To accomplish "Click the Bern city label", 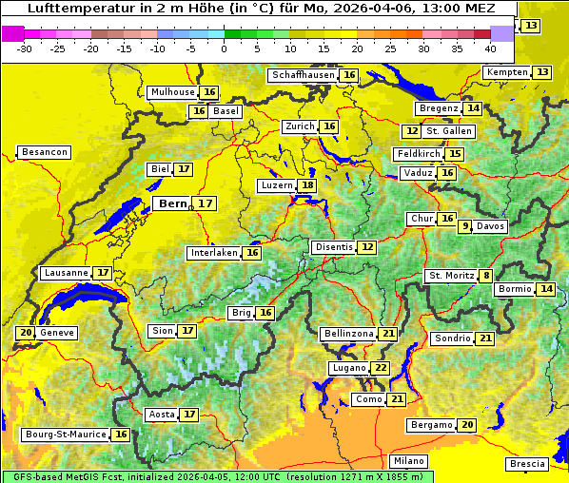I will [173, 203].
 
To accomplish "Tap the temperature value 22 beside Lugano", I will [381, 368].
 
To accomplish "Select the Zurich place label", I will [299, 126].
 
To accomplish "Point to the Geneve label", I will [57, 333].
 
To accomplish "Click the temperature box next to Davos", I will [465, 226].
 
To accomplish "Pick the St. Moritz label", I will [451, 276].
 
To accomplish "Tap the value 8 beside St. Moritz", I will [486, 276].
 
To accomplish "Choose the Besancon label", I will [44, 152].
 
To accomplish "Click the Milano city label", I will [409, 460].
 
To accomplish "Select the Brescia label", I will [527, 464].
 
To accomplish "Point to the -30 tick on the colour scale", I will [25, 48].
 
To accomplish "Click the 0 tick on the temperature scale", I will [224, 48].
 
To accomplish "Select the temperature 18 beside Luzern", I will [306, 185].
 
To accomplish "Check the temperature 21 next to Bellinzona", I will [387, 334].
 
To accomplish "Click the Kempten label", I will [506, 72].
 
